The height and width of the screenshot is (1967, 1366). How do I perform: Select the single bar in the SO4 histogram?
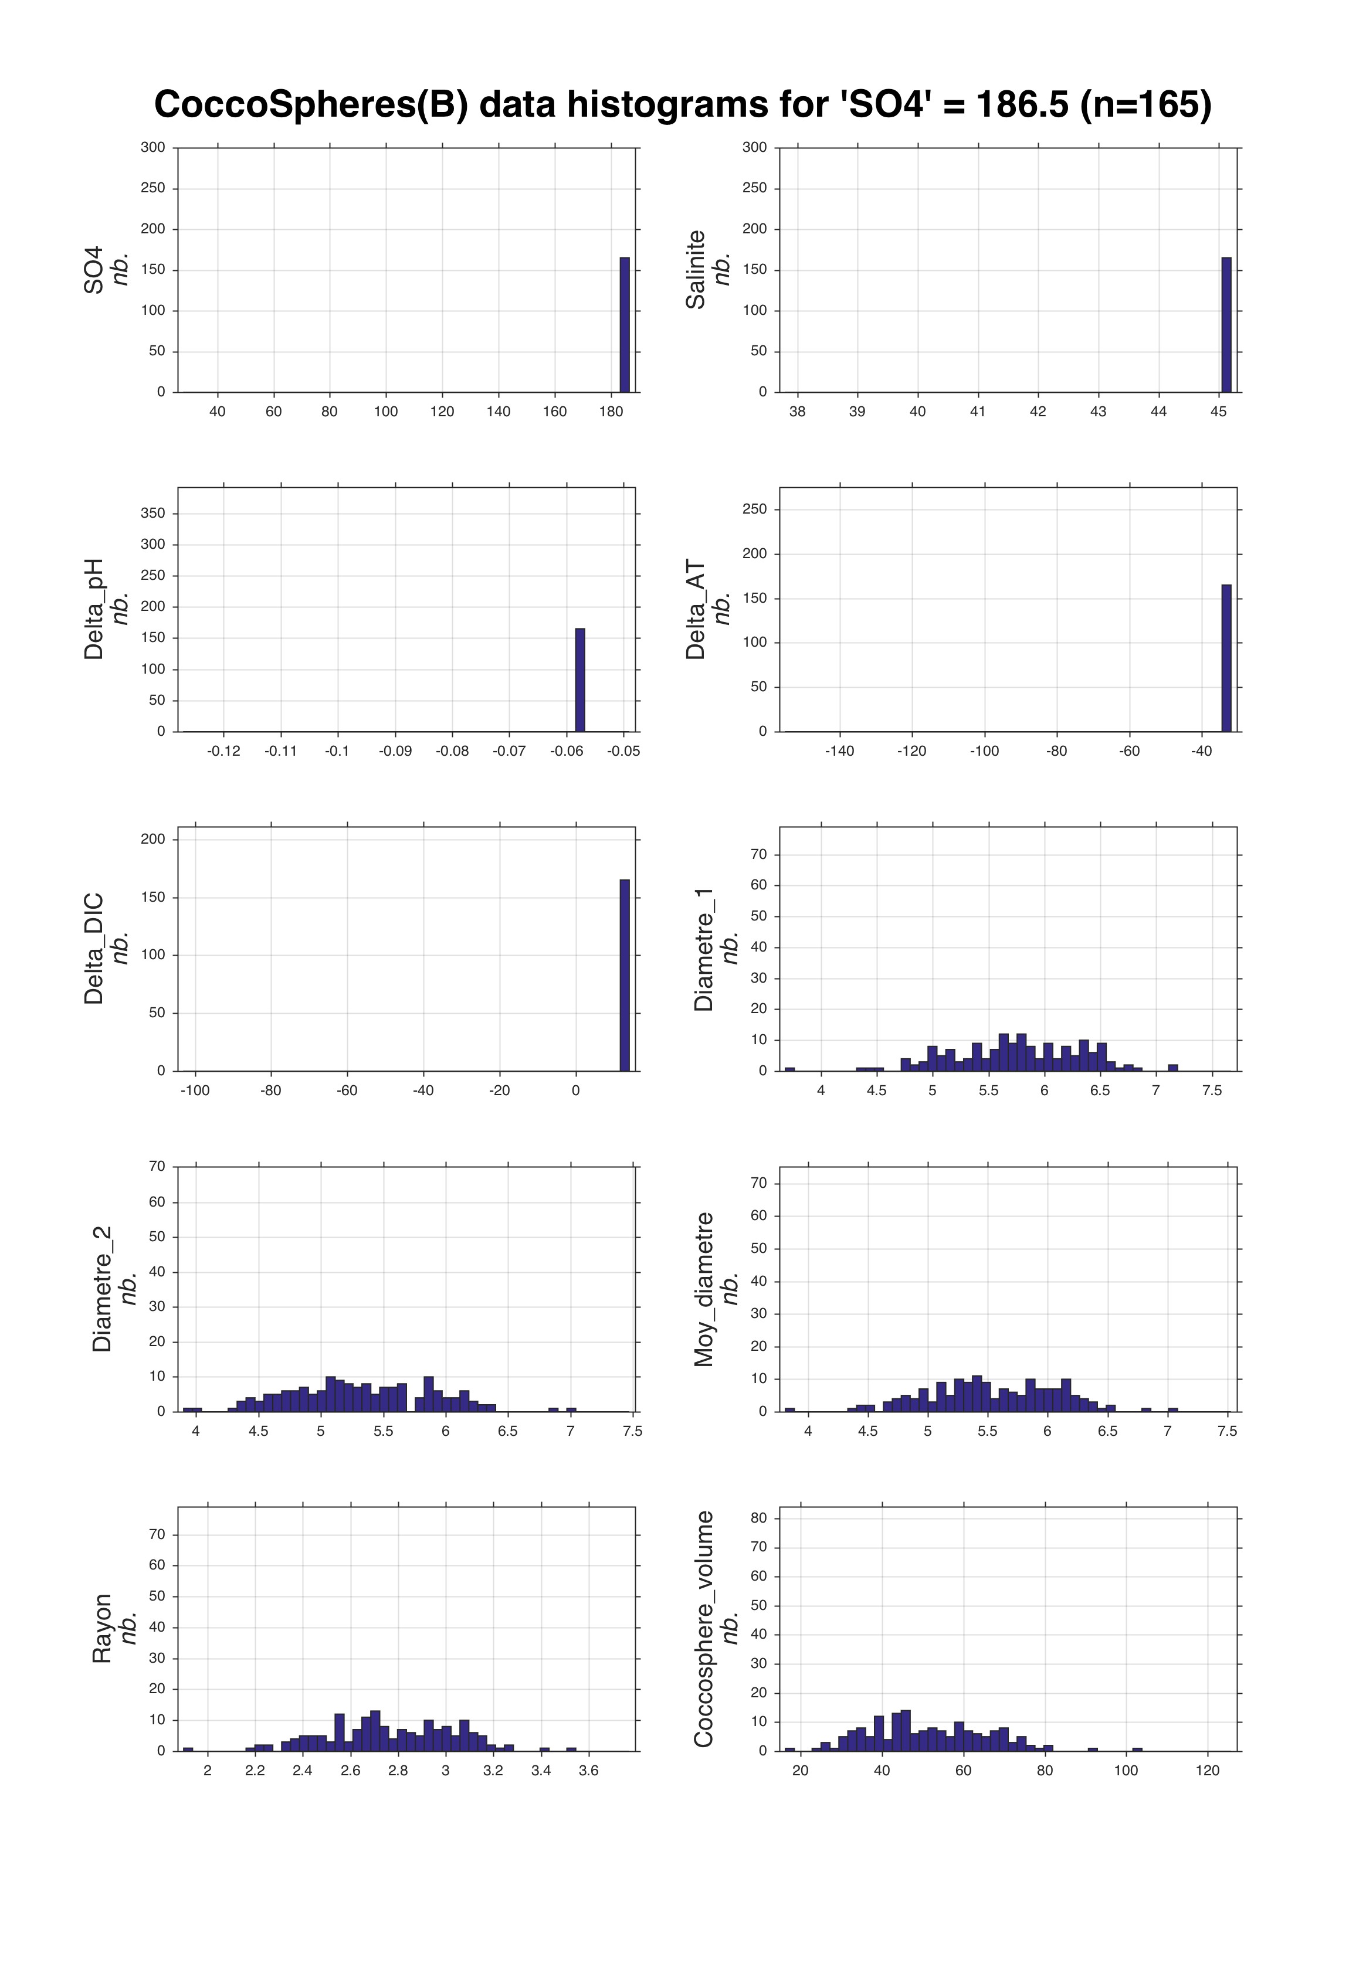pos(625,325)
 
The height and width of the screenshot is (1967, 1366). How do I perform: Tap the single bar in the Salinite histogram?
pos(1226,325)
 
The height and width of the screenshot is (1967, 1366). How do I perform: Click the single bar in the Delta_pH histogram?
pos(580,680)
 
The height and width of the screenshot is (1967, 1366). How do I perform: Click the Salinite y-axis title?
pos(696,270)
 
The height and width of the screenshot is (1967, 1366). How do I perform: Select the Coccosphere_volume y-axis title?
pos(704,1629)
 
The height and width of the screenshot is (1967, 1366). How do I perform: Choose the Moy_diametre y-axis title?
pos(704,1289)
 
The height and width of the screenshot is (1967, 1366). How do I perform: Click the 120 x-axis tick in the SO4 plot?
pos(442,412)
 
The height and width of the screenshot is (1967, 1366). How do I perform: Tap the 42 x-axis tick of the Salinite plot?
pos(1038,412)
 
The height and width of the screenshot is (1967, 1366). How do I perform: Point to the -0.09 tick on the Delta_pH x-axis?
pos(395,751)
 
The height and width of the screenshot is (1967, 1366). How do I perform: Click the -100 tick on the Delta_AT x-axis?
pos(984,751)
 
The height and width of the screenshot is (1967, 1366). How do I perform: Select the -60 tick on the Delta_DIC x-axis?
pos(347,1091)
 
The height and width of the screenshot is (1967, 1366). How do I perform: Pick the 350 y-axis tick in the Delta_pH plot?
pos(153,514)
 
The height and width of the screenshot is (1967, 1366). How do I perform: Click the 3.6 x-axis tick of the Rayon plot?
pos(588,1770)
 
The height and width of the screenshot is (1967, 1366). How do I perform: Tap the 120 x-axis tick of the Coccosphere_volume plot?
pos(1208,1770)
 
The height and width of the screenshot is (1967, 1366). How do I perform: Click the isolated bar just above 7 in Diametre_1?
pos(1172,1067)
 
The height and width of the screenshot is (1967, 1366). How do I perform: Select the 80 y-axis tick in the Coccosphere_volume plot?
pos(758,1518)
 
